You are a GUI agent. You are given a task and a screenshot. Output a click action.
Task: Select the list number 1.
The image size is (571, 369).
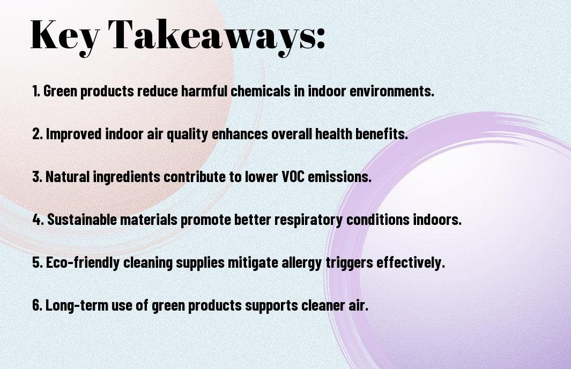[x=36, y=91]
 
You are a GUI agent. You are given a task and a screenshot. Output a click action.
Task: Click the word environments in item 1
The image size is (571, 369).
[x=392, y=91]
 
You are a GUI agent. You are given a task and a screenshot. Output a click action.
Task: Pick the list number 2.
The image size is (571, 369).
[x=37, y=134]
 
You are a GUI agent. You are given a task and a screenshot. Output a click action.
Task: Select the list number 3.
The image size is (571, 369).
[x=37, y=177]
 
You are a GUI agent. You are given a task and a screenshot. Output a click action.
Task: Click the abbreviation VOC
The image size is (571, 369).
[x=293, y=177]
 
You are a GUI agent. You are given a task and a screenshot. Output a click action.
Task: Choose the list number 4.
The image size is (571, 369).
[x=38, y=220]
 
